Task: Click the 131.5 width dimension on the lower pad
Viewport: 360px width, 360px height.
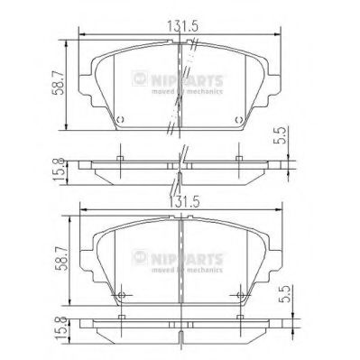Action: pyautogui.click(x=182, y=204)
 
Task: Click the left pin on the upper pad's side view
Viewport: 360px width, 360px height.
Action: pyautogui.click(x=120, y=160)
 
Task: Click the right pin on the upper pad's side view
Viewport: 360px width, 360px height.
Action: pyautogui.click(x=238, y=160)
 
